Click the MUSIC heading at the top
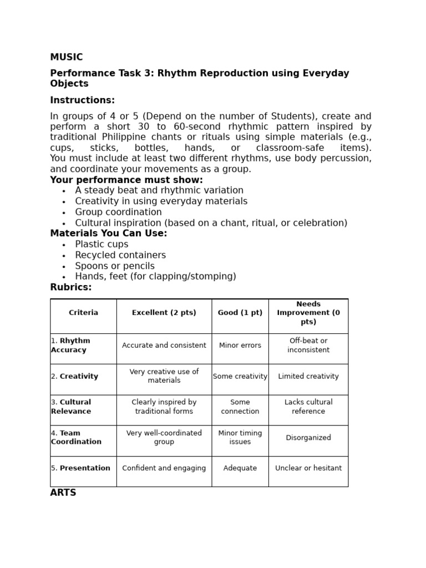[67, 57]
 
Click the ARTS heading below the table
[63, 493]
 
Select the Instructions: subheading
[83, 100]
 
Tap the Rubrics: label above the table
[71, 287]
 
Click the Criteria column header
[83, 313]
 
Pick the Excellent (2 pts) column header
[164, 313]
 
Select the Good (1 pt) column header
[240, 313]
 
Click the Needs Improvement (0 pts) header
[308, 313]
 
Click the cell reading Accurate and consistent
[164, 346]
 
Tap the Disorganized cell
[308, 438]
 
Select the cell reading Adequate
[240, 468]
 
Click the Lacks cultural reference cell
[308, 407]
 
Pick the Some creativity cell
[240, 377]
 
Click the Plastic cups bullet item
[102, 245]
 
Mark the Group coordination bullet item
[118, 212]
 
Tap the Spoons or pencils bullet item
[115, 266]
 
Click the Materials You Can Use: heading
[108, 234]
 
